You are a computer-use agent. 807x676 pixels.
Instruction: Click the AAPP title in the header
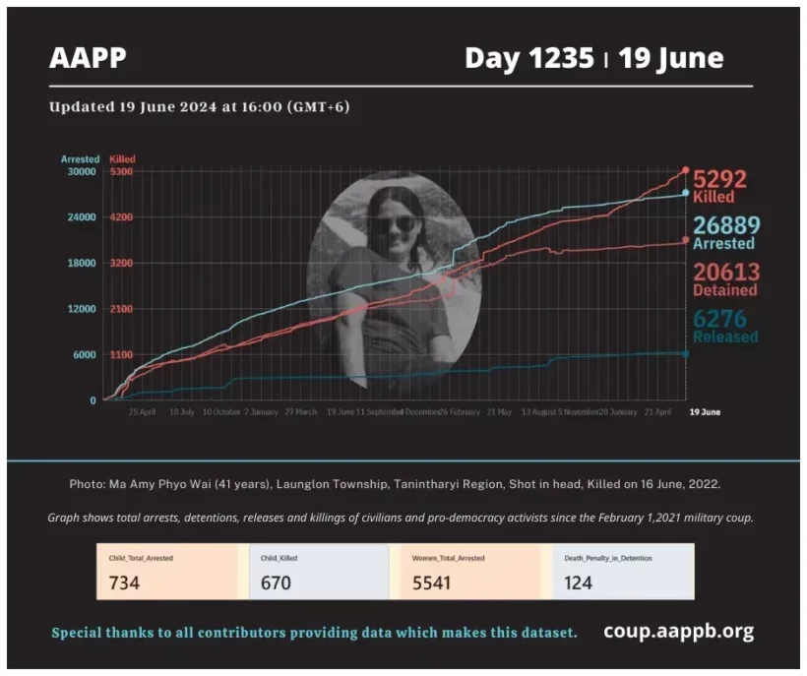[88, 58]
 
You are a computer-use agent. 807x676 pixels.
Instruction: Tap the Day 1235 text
[530, 58]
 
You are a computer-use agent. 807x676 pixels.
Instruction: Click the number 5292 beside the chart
[719, 179]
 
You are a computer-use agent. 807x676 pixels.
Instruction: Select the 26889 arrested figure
[724, 225]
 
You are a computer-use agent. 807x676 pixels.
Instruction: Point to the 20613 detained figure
[724, 273]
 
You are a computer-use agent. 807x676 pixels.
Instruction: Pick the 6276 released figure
[720, 319]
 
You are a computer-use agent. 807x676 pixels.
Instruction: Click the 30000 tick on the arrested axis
[81, 171]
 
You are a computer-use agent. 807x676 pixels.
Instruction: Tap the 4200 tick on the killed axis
[122, 217]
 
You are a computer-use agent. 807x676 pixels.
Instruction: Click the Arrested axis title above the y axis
[80, 158]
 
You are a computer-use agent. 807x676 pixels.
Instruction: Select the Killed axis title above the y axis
[123, 158]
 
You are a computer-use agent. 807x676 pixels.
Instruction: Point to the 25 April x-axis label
[143, 412]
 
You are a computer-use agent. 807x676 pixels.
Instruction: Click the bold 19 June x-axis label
[704, 412]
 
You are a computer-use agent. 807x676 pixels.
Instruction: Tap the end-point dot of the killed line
[686, 170]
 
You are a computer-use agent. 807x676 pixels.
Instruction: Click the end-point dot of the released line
[686, 353]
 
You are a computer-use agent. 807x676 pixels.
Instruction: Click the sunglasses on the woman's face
[393, 223]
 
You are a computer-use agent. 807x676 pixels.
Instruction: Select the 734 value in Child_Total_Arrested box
[124, 583]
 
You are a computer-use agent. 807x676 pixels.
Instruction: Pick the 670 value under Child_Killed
[277, 583]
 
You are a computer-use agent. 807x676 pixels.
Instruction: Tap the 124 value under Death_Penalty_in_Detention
[579, 583]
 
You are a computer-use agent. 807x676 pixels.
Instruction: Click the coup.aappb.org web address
[678, 631]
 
